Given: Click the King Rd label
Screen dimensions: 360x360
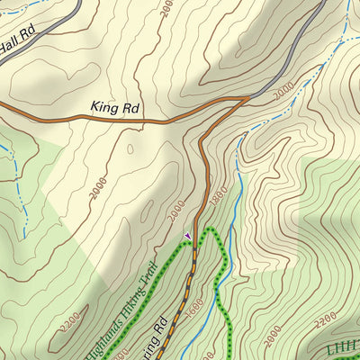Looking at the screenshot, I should [116, 107].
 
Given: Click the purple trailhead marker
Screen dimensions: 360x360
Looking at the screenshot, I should [187, 236].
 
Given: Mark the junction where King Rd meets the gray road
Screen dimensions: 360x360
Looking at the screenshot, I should [245, 99].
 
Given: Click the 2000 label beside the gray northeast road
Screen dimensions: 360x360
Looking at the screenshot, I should [283, 94].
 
